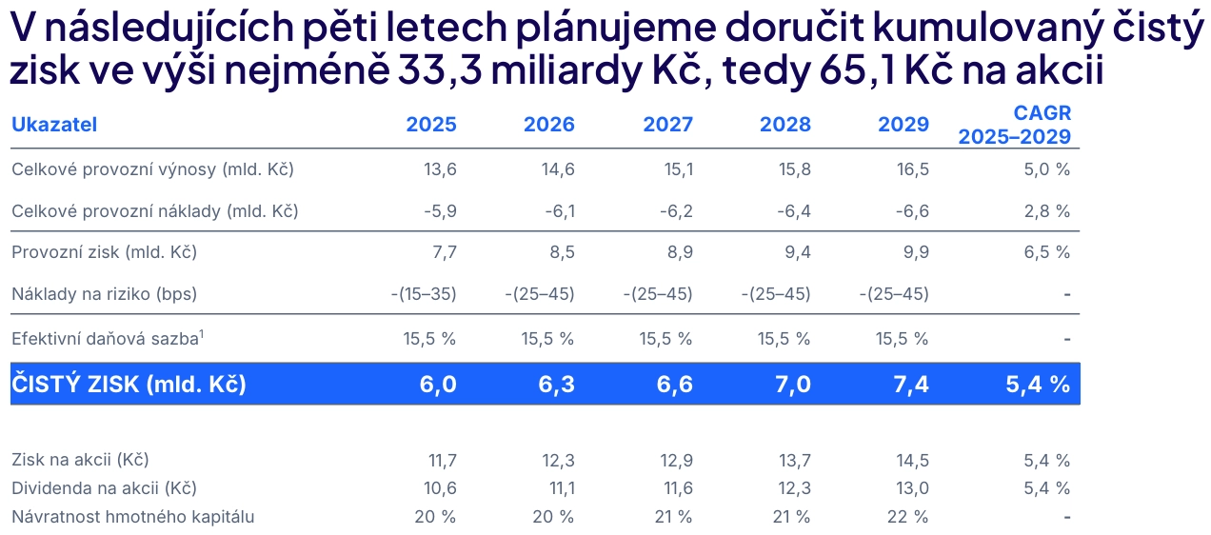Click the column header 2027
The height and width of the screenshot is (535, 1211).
point(667,125)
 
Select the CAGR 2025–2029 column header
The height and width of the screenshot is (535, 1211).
point(1015,125)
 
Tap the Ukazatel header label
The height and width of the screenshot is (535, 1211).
point(54,125)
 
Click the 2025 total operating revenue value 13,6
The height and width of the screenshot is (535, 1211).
point(440,170)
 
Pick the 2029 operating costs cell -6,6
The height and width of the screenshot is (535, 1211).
point(909,211)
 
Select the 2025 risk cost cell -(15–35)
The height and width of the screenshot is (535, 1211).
point(424,294)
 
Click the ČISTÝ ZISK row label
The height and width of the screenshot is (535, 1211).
point(129,385)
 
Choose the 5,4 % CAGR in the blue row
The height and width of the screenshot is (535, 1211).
point(1038,385)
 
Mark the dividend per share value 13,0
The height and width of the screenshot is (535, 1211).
point(910,488)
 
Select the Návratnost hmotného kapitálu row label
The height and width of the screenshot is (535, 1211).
point(133,517)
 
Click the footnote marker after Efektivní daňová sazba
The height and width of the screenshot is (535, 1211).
point(203,333)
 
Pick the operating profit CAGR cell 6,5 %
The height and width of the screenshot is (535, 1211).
point(1046,252)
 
